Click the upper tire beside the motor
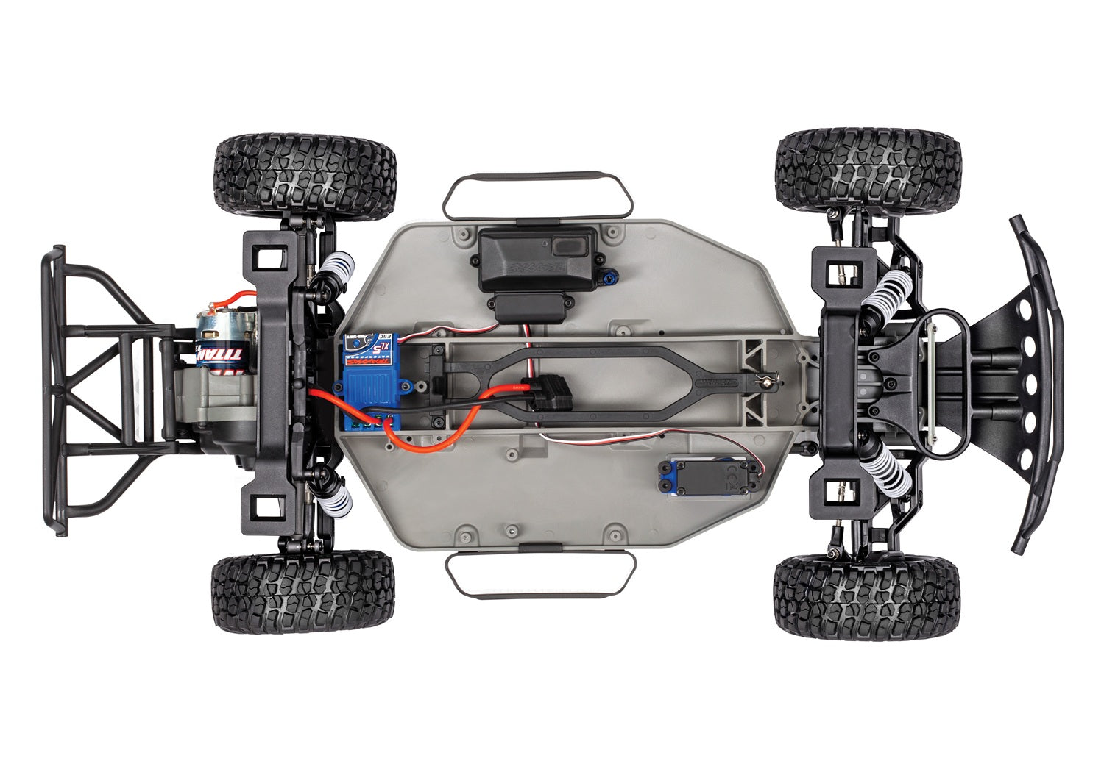[306, 176]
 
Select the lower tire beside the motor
[303, 592]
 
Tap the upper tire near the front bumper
[868, 171]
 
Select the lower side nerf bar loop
[539, 573]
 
